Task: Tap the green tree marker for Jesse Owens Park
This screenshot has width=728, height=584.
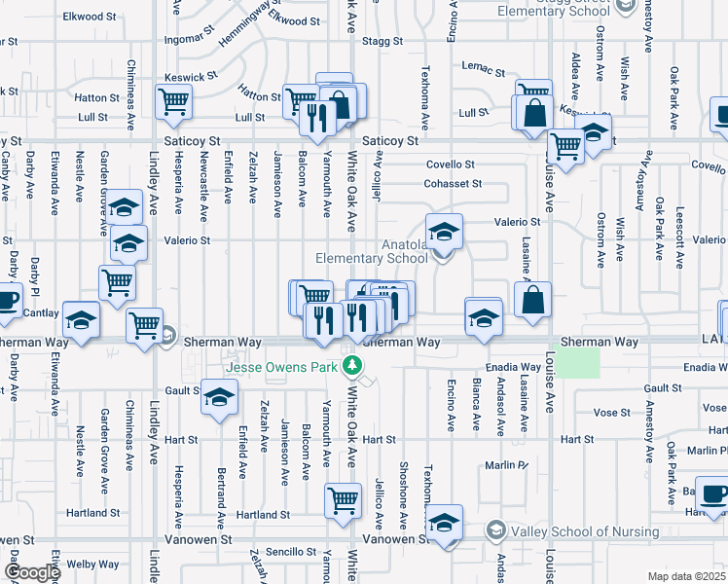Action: pos(356,367)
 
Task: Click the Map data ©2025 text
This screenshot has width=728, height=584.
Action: pos(686,576)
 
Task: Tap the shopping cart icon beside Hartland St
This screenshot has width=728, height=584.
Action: pos(343,500)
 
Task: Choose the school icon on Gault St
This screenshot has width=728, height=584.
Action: pos(219,396)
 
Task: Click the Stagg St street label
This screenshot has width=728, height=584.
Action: pos(382,41)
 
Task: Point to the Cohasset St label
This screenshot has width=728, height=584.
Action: pos(453,183)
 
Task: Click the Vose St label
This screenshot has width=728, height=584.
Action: pos(612,413)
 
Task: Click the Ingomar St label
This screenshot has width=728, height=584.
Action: pos(191,40)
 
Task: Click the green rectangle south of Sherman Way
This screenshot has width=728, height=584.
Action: pos(581,364)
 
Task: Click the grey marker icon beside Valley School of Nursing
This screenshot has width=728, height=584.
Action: pos(496,531)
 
